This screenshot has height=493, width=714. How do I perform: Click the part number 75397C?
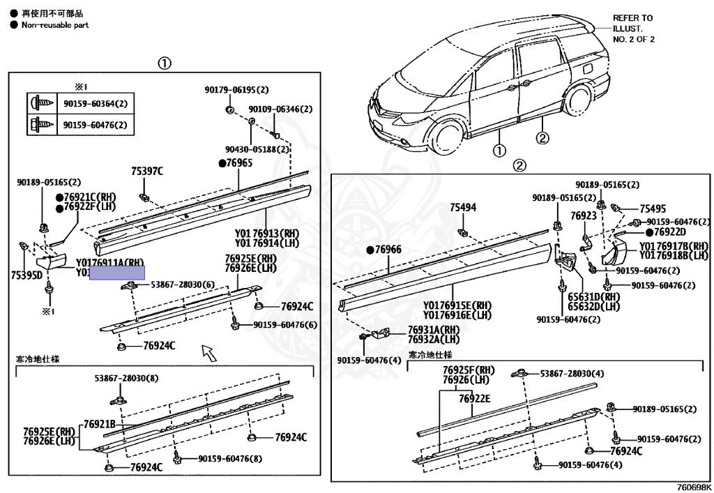146,171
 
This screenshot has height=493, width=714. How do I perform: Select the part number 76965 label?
238,162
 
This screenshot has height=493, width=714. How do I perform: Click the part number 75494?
463,207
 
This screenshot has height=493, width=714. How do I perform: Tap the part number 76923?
583,216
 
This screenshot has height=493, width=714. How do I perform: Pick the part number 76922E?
475,398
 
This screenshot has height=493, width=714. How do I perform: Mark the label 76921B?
99,424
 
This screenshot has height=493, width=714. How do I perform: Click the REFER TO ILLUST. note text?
633,29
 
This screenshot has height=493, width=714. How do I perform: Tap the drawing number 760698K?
693,487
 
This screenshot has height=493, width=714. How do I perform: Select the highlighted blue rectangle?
116,273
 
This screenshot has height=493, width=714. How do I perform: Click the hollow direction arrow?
208,351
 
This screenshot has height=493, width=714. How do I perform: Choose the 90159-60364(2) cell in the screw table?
95,104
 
